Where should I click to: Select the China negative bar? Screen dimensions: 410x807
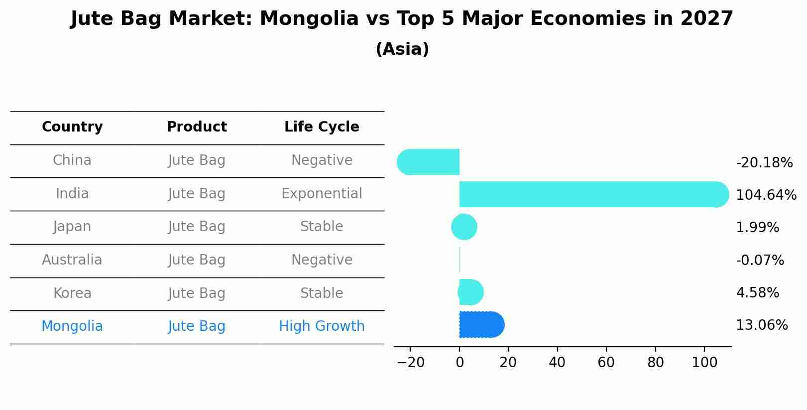[429, 162]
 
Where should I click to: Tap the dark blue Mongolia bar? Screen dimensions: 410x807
[481, 325]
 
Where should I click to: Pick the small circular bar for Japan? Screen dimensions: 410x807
[464, 227]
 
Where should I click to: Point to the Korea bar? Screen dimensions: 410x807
[470, 292]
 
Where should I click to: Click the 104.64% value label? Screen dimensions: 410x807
[766, 195]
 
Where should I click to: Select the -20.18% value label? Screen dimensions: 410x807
[764, 163]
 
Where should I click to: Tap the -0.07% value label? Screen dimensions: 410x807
[760, 261]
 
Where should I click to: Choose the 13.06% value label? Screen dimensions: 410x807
[761, 325]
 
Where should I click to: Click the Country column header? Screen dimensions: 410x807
[72, 127]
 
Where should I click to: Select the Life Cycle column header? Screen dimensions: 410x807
[322, 127]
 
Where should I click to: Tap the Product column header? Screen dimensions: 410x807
[197, 127]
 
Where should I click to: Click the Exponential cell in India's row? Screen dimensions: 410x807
[322, 194]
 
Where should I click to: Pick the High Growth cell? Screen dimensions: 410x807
[322, 326]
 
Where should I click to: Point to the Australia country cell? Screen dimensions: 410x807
[72, 260]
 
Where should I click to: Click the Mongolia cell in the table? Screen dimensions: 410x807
[72, 326]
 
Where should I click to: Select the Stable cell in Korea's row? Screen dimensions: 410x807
[322, 293]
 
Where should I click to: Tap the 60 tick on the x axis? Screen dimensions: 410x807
[606, 363]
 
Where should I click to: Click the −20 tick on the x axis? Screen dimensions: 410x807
[410, 363]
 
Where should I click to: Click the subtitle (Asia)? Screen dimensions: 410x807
[402, 49]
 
